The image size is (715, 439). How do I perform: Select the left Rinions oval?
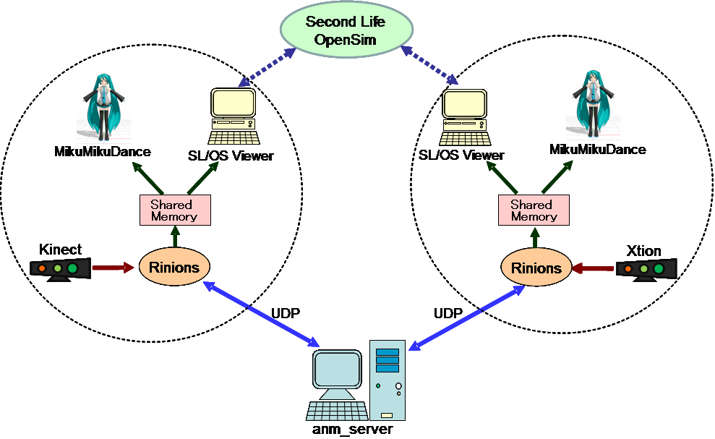174,267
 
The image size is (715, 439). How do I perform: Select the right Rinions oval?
536,268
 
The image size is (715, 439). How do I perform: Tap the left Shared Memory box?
174,210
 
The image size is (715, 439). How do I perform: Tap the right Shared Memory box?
534,210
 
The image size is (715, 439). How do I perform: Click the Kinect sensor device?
61,268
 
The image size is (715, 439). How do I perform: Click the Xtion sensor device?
646,269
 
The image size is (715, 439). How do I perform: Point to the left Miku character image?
103,106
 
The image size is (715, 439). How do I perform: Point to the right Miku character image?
593,103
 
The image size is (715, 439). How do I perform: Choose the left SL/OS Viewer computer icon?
233,116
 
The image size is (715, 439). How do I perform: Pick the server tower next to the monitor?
388,379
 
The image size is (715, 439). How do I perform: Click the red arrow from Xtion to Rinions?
594,269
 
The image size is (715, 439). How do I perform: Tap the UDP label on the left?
286,313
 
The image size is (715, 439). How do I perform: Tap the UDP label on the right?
448,314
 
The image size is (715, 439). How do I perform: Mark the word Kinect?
60,250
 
